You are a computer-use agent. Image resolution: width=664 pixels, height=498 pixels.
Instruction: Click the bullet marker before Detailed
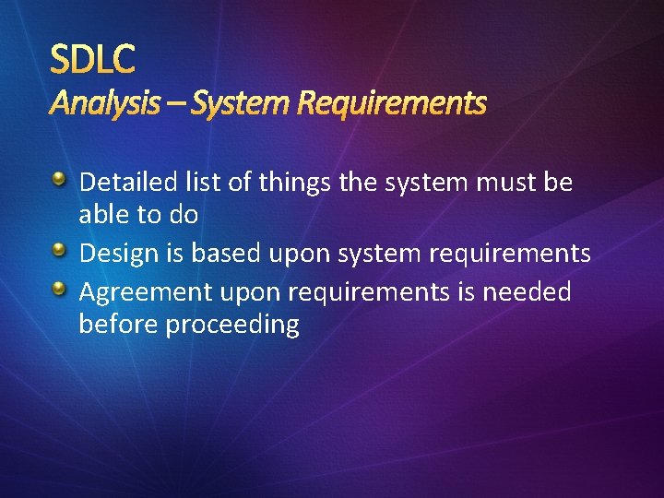coord(59,180)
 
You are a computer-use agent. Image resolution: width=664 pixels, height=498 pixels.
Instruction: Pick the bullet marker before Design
coord(59,250)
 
